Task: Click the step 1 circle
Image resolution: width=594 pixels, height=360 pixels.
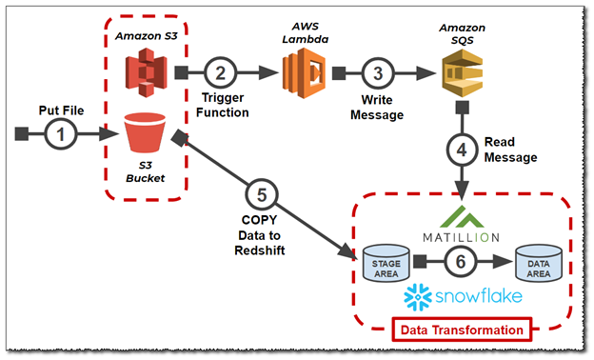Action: [61, 134]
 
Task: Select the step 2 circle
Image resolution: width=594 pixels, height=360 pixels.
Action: [220, 72]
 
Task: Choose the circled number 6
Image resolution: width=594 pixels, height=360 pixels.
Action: [461, 260]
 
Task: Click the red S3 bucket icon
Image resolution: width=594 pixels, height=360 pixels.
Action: [144, 135]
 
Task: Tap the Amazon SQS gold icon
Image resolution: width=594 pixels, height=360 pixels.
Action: [461, 72]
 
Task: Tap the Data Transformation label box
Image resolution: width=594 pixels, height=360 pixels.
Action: [461, 330]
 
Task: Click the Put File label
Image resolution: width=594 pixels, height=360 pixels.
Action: [61, 109]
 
